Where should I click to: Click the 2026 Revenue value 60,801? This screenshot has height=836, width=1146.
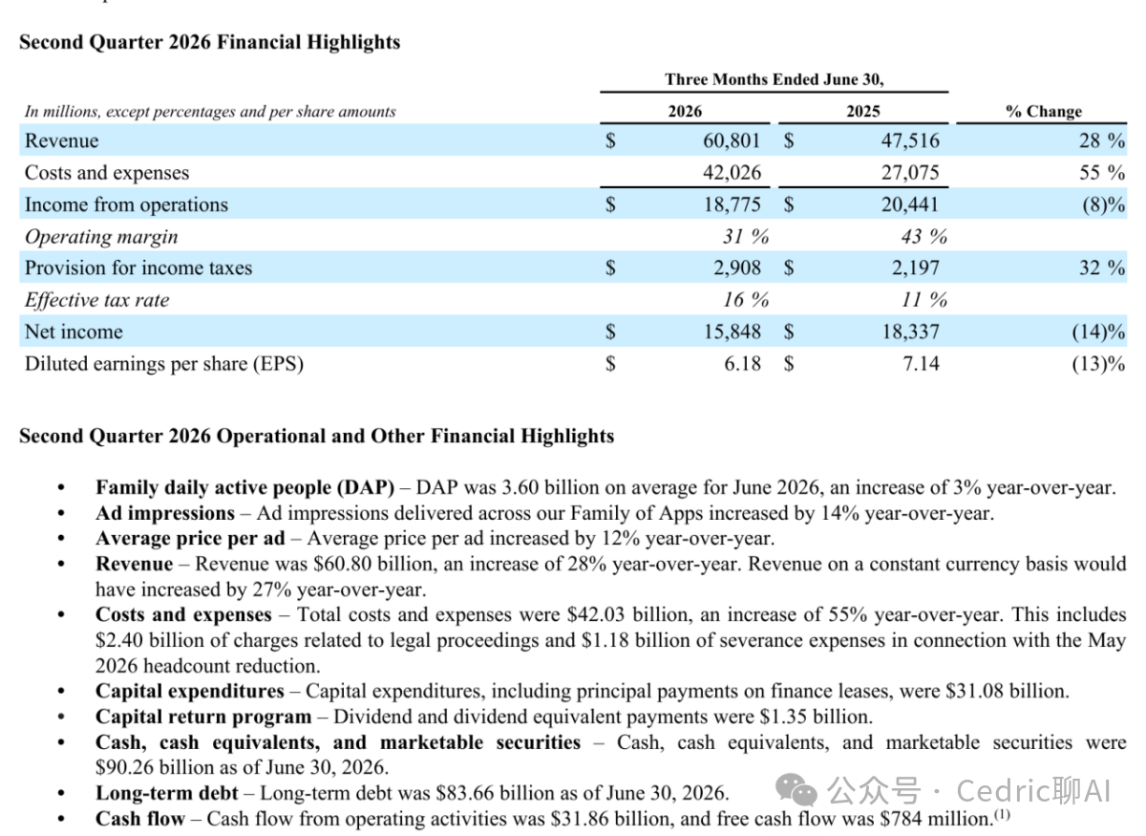click(x=732, y=140)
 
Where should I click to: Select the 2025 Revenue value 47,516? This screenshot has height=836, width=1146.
click(x=910, y=140)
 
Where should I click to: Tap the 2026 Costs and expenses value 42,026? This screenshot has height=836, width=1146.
click(x=732, y=173)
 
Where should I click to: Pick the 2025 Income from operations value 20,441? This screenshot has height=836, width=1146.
click(x=910, y=204)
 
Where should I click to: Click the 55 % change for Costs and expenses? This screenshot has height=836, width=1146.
click(x=1102, y=173)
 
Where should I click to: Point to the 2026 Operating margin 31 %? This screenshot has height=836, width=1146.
click(x=746, y=237)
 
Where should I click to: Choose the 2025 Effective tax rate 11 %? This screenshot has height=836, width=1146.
click(x=924, y=300)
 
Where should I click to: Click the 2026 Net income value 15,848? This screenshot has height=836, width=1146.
click(x=732, y=332)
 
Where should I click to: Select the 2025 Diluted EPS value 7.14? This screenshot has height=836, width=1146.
click(x=921, y=364)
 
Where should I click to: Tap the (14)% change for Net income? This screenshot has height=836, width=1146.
click(x=1098, y=332)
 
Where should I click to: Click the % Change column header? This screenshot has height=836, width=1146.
click(x=1044, y=111)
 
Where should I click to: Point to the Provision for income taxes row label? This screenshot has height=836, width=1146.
click(x=138, y=268)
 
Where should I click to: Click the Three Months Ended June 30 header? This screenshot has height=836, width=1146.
click(x=775, y=79)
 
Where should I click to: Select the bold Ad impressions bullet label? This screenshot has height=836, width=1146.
click(x=165, y=513)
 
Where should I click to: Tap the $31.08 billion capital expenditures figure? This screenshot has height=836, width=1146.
click(x=1006, y=692)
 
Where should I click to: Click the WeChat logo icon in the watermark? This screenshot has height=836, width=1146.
click(x=796, y=789)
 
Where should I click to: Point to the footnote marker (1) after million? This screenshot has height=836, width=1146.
click(x=1002, y=814)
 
